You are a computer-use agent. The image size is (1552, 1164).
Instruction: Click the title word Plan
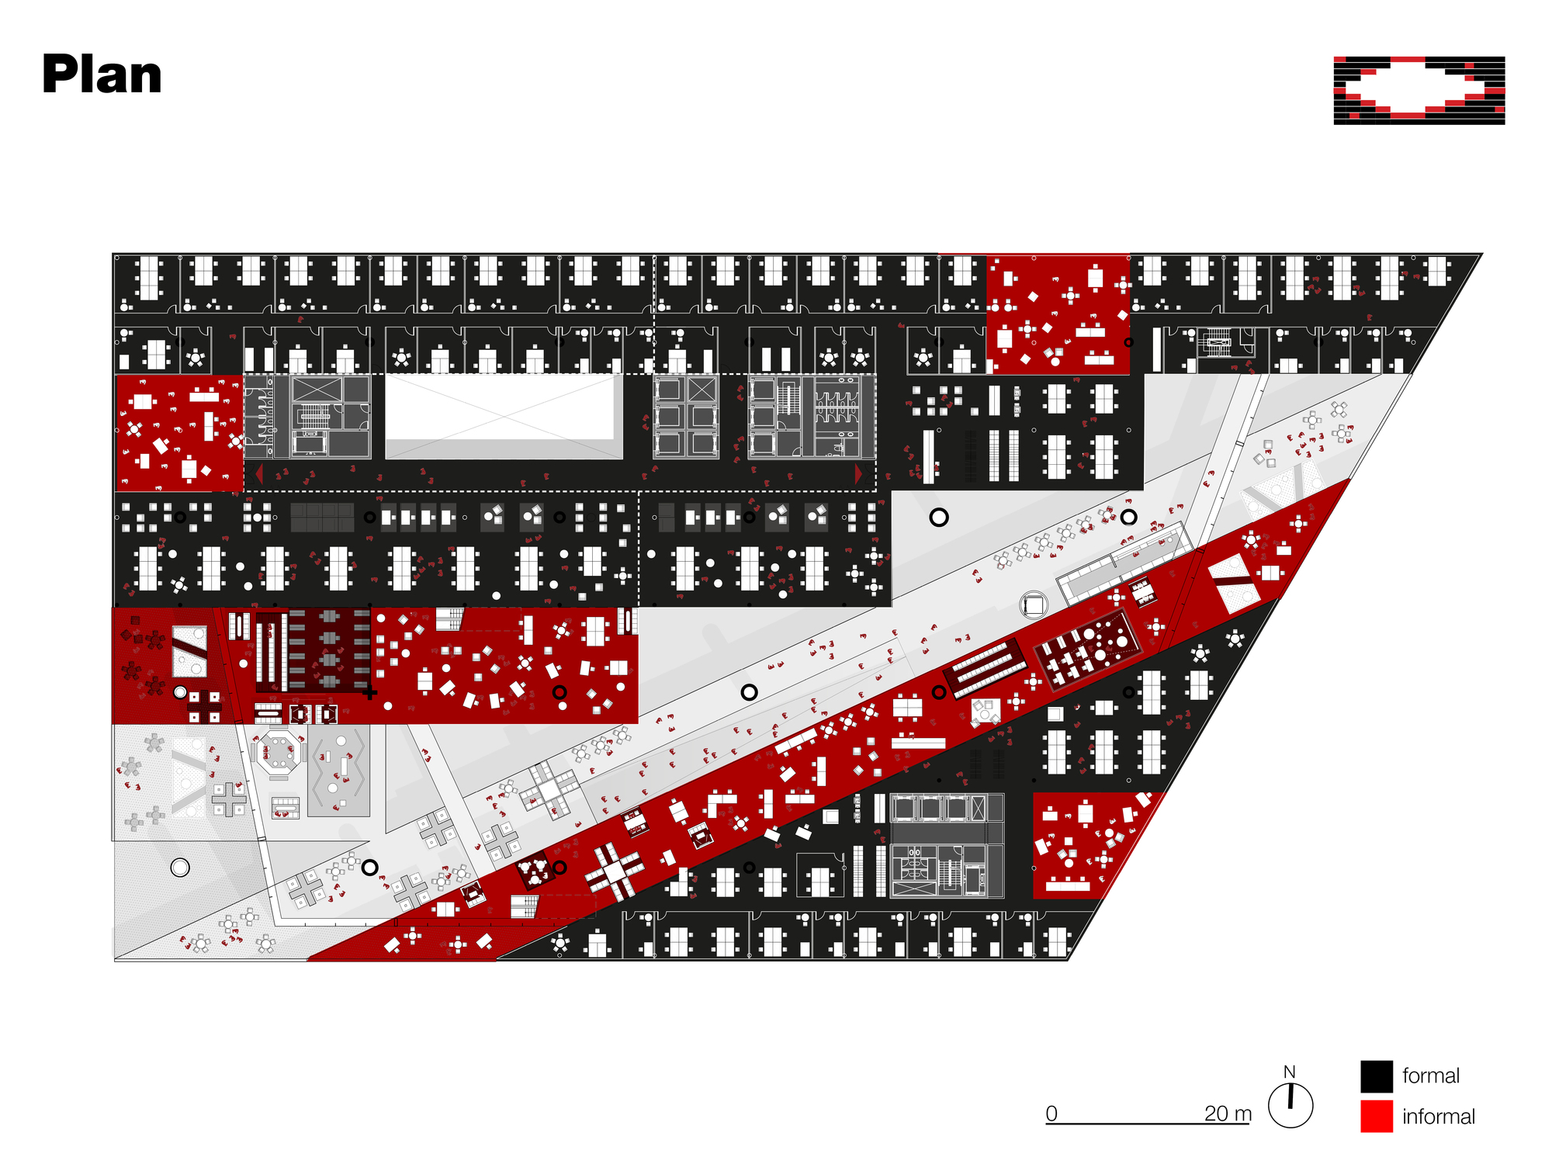pos(102,75)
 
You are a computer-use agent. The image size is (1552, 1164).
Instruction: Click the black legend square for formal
pos(1377,1076)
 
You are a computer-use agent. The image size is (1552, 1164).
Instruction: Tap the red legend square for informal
pos(1377,1116)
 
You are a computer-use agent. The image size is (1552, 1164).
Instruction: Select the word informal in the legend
pos(1438,1117)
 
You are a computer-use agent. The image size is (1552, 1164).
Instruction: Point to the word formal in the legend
pos(1430,1076)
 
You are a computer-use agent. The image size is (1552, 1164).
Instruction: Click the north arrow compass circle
pos(1290,1105)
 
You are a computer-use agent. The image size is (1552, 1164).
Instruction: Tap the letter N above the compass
pos(1290,1072)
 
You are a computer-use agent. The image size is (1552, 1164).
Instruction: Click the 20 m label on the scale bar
pos(1228,1113)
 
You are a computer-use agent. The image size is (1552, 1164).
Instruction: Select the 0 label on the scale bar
pos(1051,1113)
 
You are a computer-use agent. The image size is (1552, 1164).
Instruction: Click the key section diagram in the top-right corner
pos(1419,90)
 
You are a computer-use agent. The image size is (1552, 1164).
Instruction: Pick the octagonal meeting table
pos(279,751)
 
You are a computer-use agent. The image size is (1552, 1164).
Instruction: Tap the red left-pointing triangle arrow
pos(258,473)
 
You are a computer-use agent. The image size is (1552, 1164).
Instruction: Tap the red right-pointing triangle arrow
pos(858,473)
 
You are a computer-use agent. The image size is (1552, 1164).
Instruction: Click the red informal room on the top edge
pos(1058,314)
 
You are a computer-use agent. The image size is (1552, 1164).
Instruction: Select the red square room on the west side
pos(179,433)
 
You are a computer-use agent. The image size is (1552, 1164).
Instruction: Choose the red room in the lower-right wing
pos(1090,845)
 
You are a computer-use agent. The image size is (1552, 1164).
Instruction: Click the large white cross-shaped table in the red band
pos(615,871)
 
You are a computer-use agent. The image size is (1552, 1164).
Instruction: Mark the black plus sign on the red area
pos(370,692)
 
